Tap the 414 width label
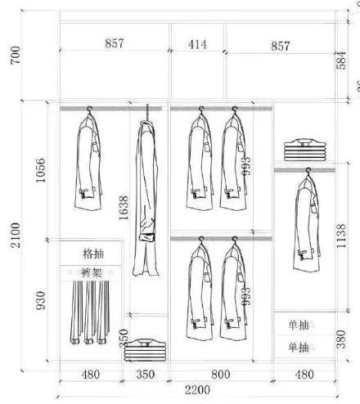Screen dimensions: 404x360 [x=197, y=45]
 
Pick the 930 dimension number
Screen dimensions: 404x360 [x=41, y=301]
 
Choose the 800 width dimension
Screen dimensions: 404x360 [x=221, y=375]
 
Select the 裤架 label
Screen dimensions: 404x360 [x=91, y=272]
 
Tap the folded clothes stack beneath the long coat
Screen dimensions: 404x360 [x=146, y=348]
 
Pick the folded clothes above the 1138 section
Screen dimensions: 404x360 [x=304, y=150]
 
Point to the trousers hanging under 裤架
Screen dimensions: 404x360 [x=88, y=315]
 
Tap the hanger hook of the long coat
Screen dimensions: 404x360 [x=147, y=110]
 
